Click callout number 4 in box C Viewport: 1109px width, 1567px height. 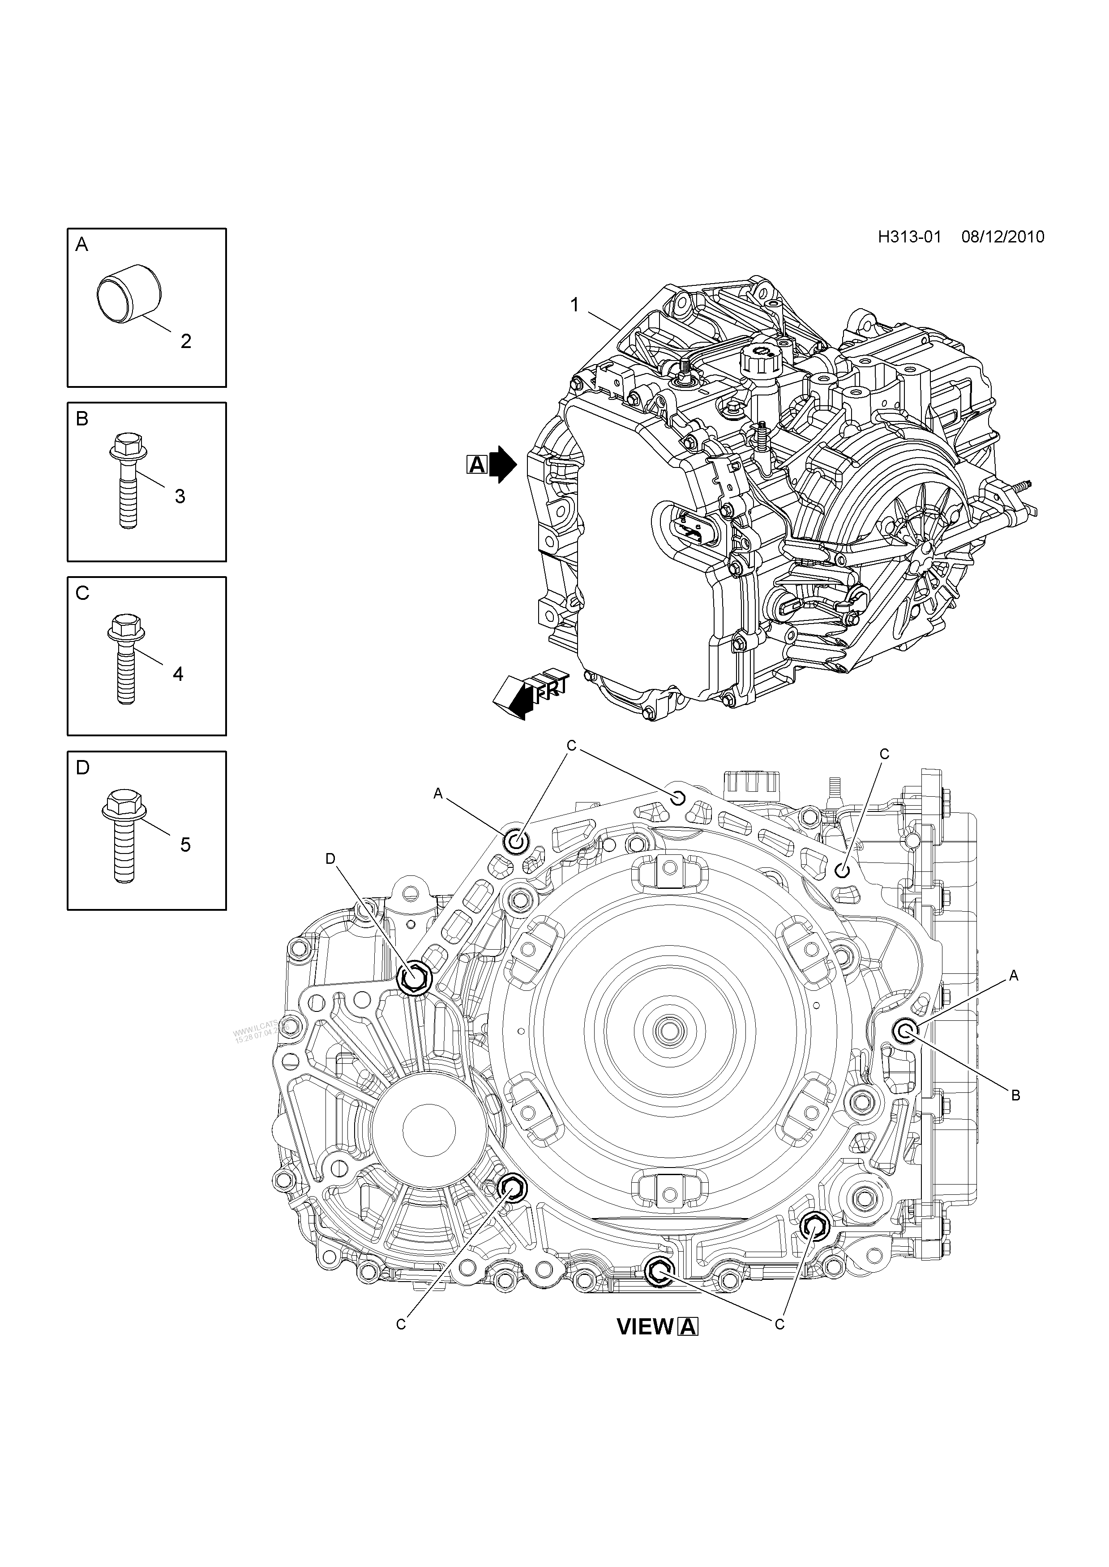click(178, 674)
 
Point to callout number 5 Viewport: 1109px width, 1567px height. click(185, 845)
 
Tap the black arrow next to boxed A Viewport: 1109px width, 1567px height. click(504, 466)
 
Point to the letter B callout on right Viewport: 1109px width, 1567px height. click(1015, 1096)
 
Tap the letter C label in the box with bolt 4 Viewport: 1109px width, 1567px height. click(83, 594)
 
